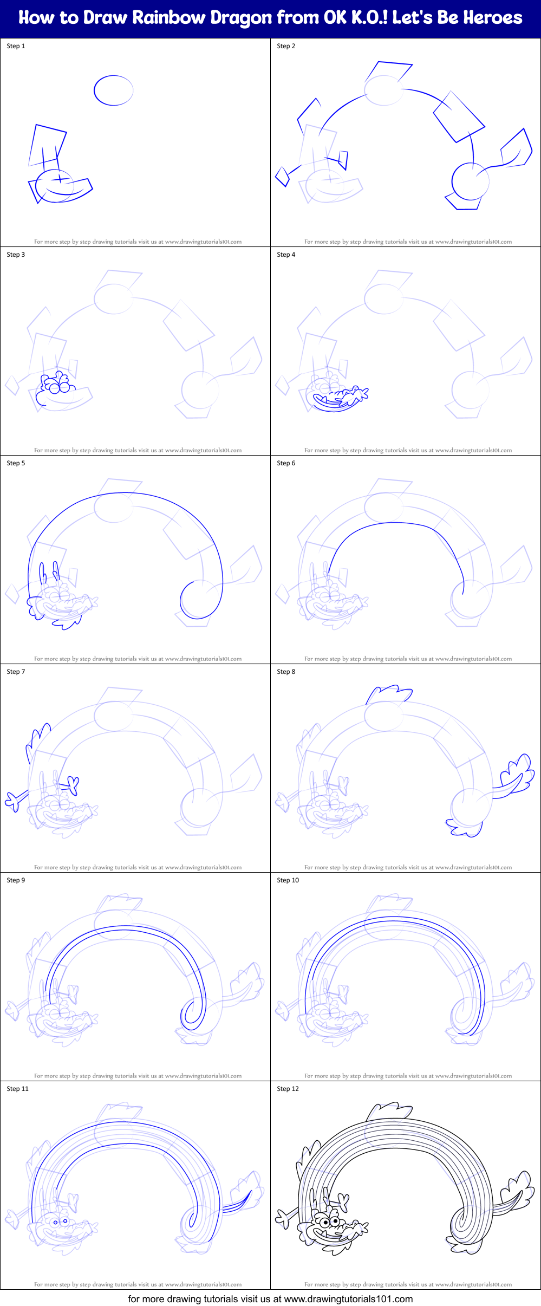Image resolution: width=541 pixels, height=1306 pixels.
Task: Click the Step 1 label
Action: [x=16, y=46]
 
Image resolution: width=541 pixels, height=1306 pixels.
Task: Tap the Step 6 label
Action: [x=286, y=463]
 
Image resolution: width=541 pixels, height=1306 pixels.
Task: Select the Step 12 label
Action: [x=288, y=1089]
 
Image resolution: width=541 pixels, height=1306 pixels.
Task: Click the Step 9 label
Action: [x=16, y=880]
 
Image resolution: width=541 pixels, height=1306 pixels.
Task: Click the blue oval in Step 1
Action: [x=113, y=90]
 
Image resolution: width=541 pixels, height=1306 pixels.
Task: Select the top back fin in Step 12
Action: [x=389, y=1111]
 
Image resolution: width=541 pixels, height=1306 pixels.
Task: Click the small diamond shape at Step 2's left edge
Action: [x=282, y=176]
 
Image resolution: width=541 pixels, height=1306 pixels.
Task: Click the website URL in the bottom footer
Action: [x=348, y=1299]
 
